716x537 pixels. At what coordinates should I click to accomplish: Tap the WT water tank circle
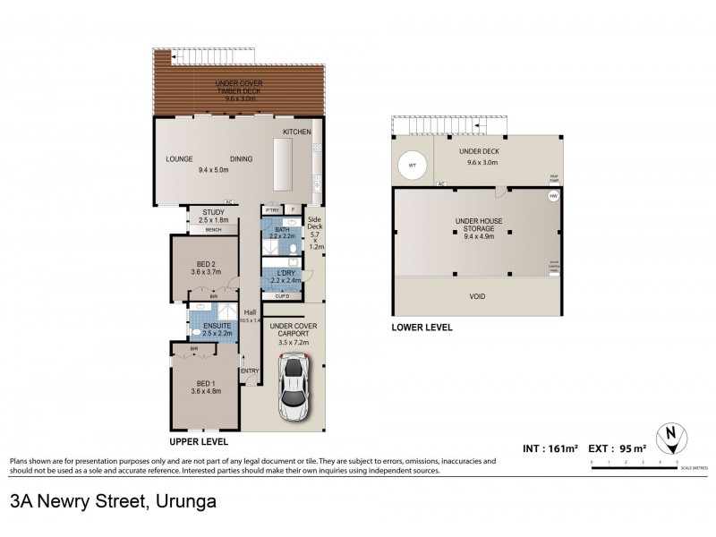coord(413,166)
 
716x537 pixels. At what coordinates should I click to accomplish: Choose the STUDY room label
coord(212,211)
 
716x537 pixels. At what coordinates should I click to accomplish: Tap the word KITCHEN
coord(297,132)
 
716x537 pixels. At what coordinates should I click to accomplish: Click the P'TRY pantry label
coord(271,209)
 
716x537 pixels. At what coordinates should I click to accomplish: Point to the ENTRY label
coord(250,371)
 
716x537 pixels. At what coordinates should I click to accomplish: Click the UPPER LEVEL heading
coord(199,442)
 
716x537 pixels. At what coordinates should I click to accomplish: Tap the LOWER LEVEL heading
coord(422,328)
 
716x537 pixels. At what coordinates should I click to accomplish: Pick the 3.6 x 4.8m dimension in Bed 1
coord(205,391)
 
